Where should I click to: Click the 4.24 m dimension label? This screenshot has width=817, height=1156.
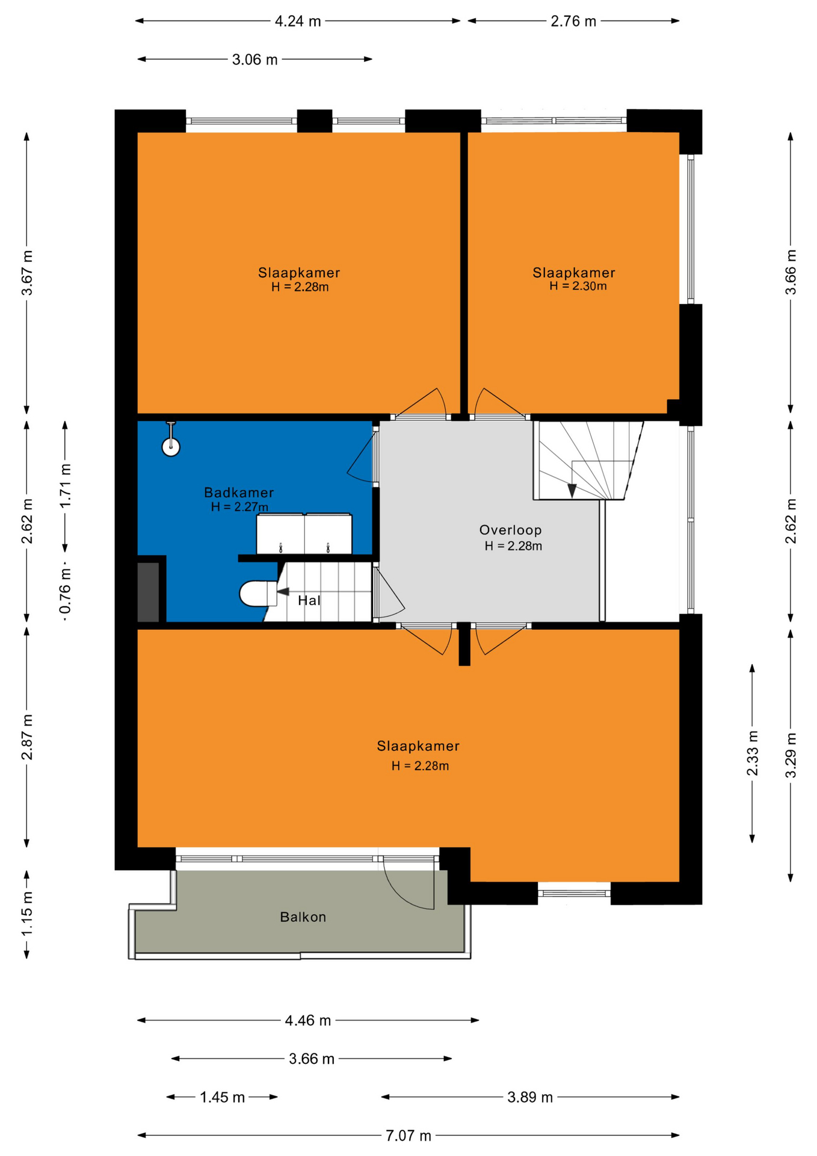point(298,22)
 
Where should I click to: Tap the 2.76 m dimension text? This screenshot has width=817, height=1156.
point(573,22)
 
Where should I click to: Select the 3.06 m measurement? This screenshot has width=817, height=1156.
point(255,60)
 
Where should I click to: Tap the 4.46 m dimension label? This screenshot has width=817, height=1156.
point(308,1021)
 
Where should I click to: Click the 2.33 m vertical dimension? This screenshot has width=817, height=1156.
point(753,753)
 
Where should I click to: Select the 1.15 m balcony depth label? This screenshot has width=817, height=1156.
point(27,915)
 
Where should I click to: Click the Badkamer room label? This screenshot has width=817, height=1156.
point(239,493)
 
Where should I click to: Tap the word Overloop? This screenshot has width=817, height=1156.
point(510,530)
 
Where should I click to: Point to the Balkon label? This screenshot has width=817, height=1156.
point(303,917)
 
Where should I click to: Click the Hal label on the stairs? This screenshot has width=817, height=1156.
point(309,600)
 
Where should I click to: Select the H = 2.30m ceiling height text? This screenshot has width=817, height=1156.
point(578,286)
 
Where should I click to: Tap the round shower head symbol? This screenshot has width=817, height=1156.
point(171,447)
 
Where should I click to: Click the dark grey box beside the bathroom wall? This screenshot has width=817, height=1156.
point(148,592)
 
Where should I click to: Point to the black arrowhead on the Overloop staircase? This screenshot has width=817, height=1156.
point(572,491)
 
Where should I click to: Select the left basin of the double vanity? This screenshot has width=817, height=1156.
point(280,533)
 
